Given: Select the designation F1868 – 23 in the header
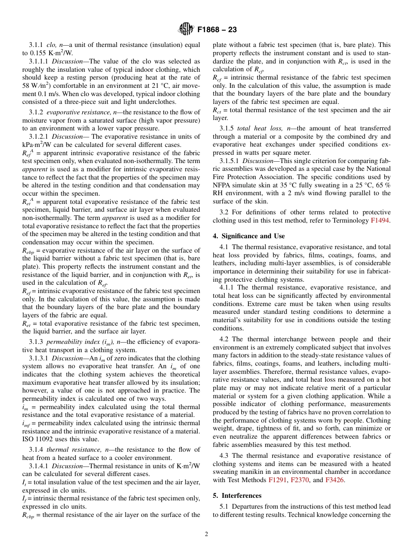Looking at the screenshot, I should pyautogui.click(x=217, y=30).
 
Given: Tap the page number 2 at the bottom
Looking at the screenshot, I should pyautogui.click(x=206, y=534).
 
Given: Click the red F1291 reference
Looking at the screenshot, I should pyautogui.click(x=277, y=480).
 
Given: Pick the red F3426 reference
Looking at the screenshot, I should pyautogui.click(x=334, y=480).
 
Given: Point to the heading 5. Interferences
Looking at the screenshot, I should pyautogui.click(x=237, y=496).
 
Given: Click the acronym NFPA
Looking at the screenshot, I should pyautogui.click(x=223, y=185).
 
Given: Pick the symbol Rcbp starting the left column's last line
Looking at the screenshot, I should pyautogui.click(x=30, y=515).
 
